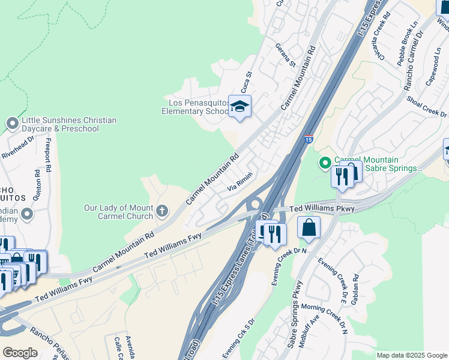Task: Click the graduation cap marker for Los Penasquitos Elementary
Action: point(240,107)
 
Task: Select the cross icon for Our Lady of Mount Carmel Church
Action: point(162,211)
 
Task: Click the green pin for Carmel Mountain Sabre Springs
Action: point(325,163)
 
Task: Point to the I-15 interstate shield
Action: point(308,139)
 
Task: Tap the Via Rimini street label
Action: point(239,182)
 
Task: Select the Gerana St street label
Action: point(286,55)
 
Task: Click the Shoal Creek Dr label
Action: point(427,106)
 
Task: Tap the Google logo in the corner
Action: point(20,353)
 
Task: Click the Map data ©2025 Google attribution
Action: point(412,355)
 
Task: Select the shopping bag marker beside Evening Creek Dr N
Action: point(309,228)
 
